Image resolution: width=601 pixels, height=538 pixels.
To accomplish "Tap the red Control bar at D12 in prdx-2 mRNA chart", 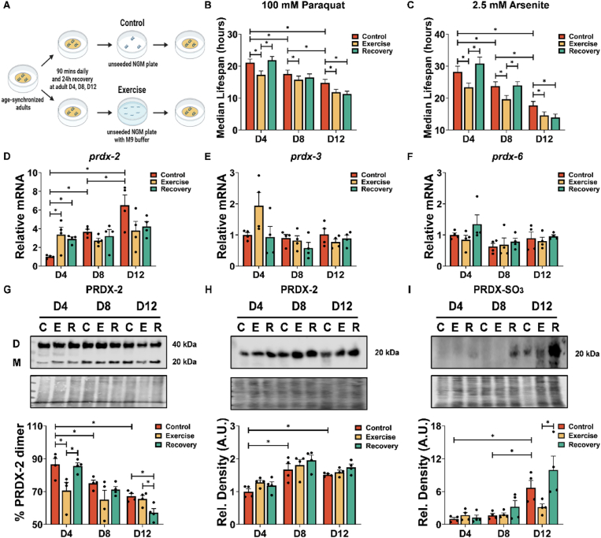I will [124, 235].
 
